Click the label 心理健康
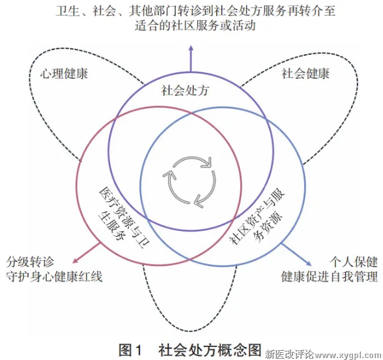coord(64,73)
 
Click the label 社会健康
coord(305,73)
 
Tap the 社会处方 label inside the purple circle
coord(185,91)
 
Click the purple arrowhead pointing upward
coord(191,48)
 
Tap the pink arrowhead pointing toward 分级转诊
coord(76,260)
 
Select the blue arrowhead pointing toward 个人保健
coord(309,263)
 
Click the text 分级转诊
coord(30,262)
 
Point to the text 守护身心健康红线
coord(54,277)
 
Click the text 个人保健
coord(354,262)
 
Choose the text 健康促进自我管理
coord(330,277)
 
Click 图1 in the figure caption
coord(130,350)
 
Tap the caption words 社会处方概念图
coord(210,350)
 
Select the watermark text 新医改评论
coord(290,353)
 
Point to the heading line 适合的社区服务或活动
coord(195,25)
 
